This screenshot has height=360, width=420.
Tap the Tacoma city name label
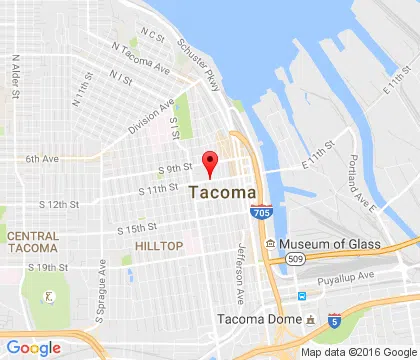point(222,193)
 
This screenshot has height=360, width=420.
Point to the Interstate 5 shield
point(333,320)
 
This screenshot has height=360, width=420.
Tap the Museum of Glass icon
point(270,245)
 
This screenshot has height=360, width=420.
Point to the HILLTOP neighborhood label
point(159,245)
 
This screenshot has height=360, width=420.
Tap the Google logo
point(33,347)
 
